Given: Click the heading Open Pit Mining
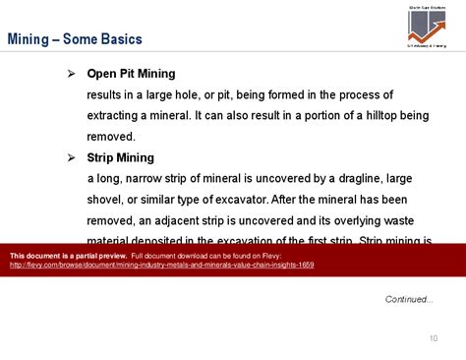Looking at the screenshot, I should click(x=131, y=74).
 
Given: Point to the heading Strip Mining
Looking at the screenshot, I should click(x=120, y=157).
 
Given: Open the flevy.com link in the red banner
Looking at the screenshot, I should click(x=161, y=265).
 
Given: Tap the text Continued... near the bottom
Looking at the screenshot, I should click(x=408, y=299).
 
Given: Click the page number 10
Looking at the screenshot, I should click(x=433, y=339).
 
